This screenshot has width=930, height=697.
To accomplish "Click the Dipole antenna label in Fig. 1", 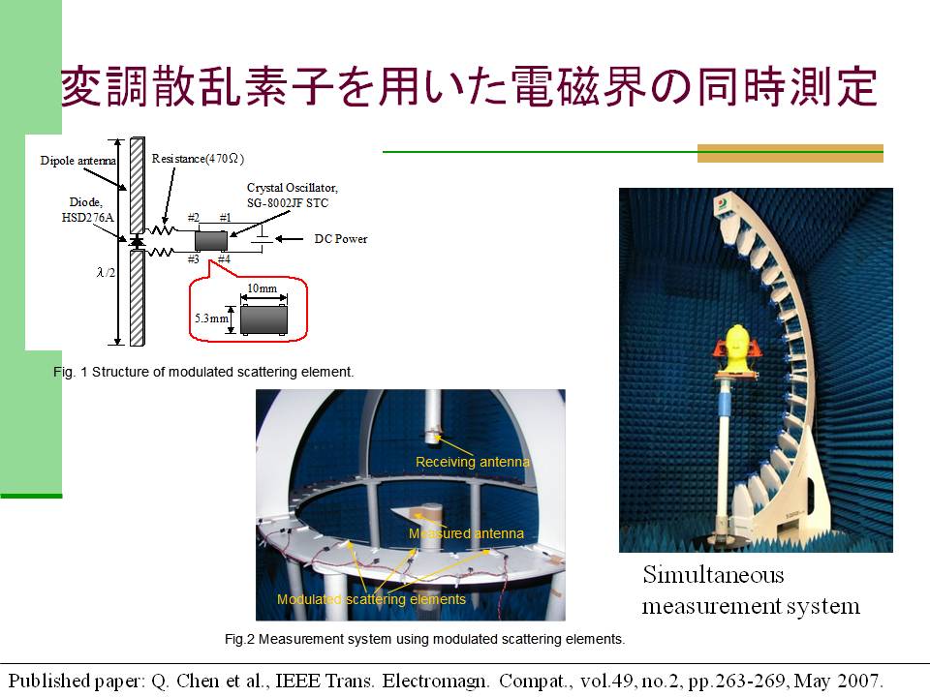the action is [78, 161].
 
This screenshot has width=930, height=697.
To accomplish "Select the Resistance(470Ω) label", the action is [198, 159].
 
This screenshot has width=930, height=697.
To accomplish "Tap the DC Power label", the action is [340, 239].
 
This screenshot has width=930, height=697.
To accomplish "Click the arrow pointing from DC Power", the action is [290, 239].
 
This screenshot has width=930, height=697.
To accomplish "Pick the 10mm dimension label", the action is [262, 288].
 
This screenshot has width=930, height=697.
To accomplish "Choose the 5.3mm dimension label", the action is [211, 318].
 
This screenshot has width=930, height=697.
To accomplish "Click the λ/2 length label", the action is [106, 272].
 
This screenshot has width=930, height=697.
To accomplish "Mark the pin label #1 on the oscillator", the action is [225, 218].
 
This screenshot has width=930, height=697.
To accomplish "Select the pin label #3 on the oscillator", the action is [194, 259].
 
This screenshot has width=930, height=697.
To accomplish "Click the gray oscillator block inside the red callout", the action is [263, 320].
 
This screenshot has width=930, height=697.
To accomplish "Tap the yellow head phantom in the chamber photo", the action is [736, 347].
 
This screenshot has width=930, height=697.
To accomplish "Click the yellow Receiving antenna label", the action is [472, 462].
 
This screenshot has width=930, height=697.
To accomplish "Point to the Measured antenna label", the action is [466, 533].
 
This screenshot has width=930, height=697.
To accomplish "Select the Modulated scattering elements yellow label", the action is [371, 599].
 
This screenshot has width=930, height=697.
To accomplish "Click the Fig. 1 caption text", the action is [203, 372].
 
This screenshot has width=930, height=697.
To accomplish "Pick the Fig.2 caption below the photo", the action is [424, 639].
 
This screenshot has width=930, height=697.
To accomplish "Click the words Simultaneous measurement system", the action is [751, 591].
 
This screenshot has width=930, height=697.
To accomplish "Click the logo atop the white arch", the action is [724, 203].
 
